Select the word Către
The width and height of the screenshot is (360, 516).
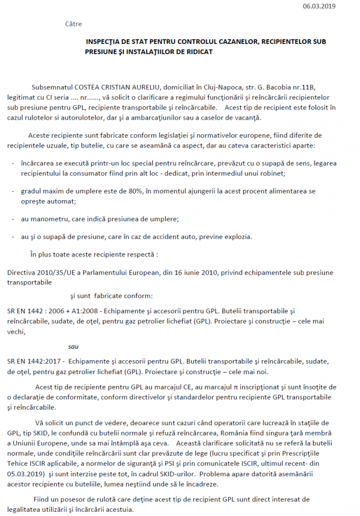[x=74, y=24]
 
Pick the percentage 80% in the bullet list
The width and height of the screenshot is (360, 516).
[x=134, y=191]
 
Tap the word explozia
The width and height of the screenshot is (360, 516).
[x=239, y=237]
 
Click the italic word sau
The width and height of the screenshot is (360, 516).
[x=74, y=346]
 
